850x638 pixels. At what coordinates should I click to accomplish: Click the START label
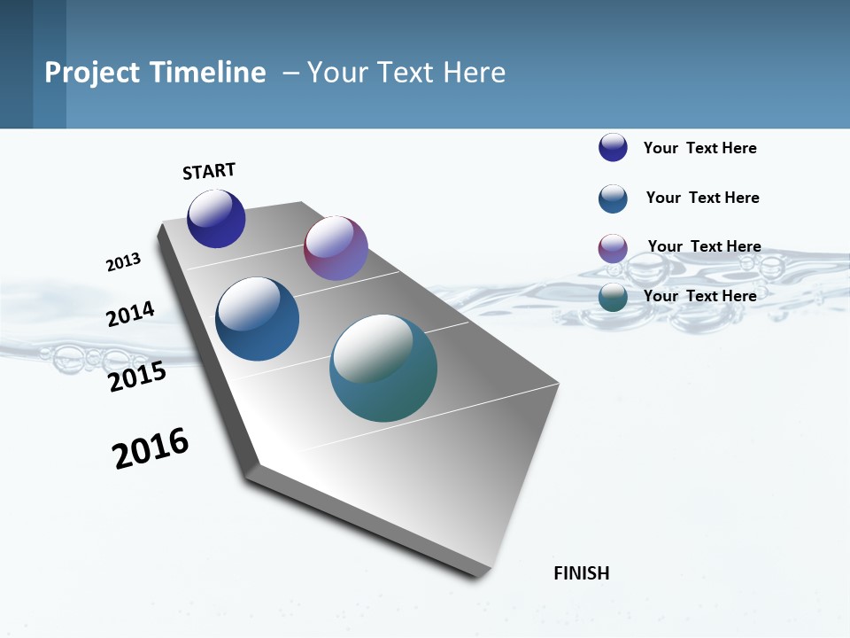(x=209, y=171)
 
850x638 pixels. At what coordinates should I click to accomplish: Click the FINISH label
(x=581, y=573)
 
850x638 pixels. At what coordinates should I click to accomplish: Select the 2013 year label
(x=123, y=262)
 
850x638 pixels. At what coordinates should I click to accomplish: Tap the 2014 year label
(x=130, y=315)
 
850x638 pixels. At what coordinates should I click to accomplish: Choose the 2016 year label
(x=151, y=448)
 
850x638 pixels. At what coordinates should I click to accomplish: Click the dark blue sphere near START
(x=216, y=219)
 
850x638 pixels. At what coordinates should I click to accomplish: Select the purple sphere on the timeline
(x=336, y=248)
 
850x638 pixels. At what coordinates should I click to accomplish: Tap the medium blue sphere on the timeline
(x=257, y=319)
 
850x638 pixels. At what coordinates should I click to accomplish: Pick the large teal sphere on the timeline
(x=383, y=368)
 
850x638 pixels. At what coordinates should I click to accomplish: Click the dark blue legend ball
(x=613, y=147)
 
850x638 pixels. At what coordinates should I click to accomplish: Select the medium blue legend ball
(x=613, y=198)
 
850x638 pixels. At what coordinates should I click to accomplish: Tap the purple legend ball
(x=613, y=248)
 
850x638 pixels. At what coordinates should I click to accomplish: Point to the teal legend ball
(x=613, y=298)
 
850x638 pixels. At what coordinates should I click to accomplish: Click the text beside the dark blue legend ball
(x=699, y=148)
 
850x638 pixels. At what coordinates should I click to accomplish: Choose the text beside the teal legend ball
(x=699, y=296)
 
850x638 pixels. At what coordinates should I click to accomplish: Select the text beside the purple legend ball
(x=704, y=246)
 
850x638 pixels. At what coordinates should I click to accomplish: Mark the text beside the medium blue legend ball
(x=702, y=198)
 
